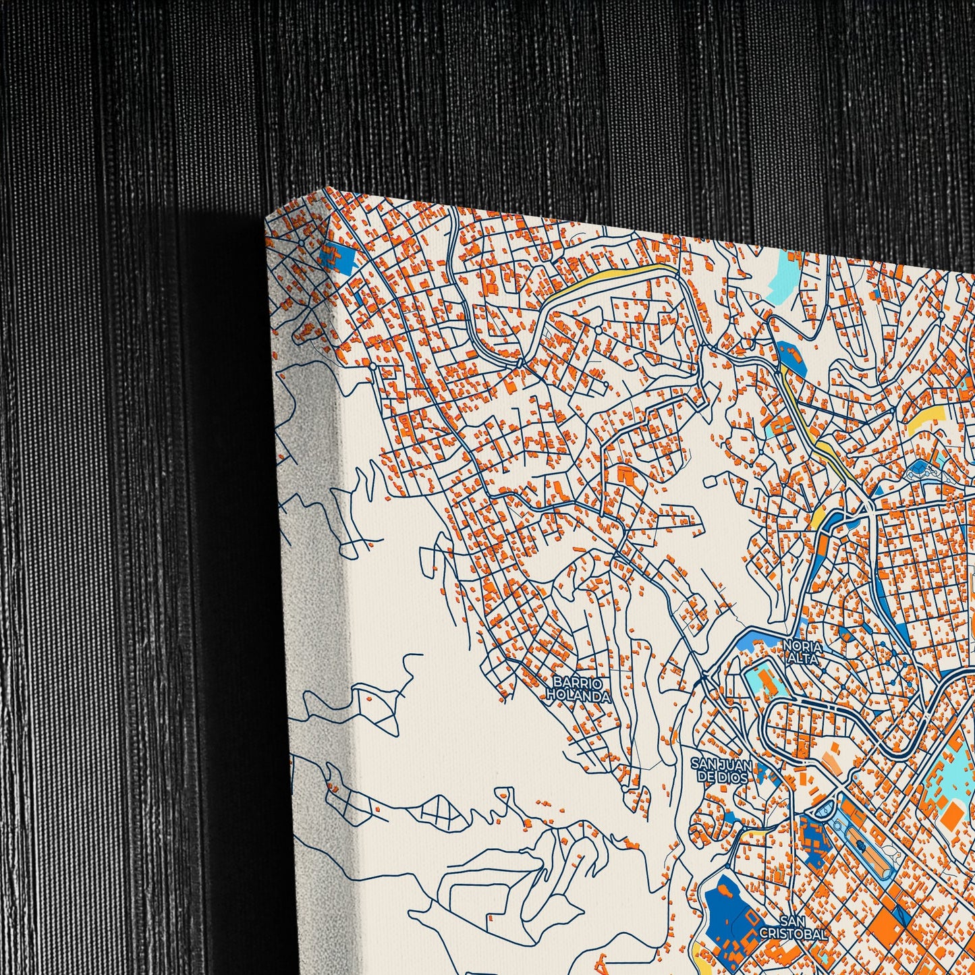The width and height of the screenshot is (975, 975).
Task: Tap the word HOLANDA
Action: pos(579,695)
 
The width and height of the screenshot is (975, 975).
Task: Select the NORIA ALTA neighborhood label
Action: pos(802,652)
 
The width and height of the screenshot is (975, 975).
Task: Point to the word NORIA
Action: pos(802,646)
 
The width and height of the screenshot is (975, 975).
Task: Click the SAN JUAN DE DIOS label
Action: pos(721,770)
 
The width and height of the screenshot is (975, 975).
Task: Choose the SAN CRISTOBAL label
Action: pos(793,927)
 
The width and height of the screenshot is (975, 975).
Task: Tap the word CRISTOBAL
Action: pos(793,935)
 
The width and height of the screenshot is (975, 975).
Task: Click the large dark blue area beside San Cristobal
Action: pos(725,908)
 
